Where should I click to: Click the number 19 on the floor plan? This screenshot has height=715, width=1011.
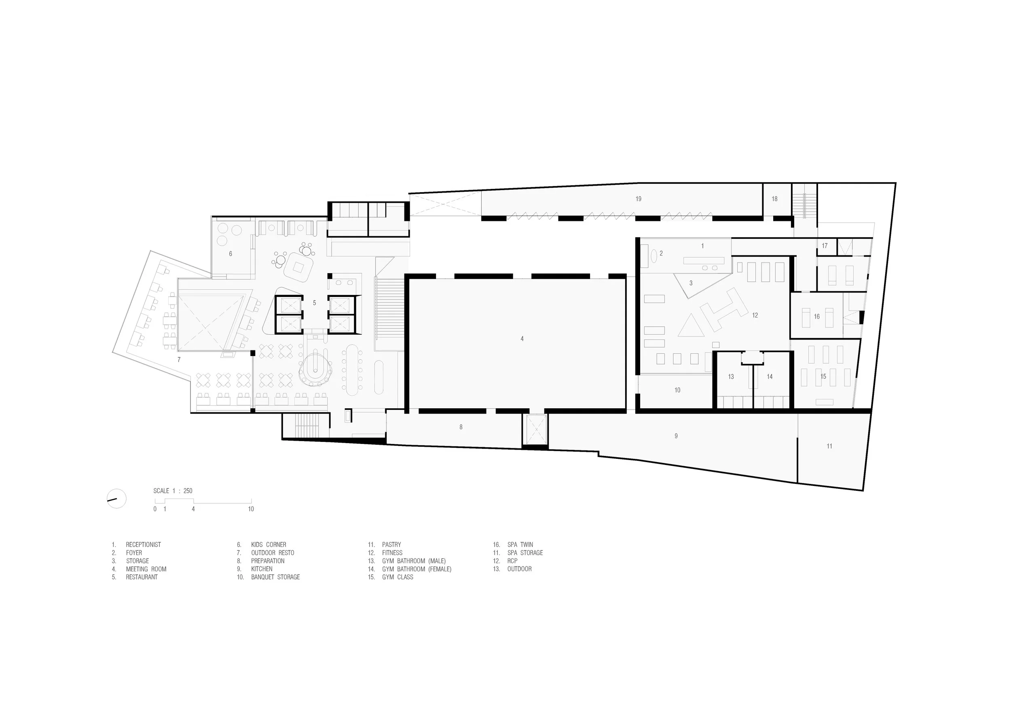coord(638,199)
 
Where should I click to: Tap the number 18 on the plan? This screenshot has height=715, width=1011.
coord(774,199)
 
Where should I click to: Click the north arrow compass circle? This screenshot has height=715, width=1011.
coord(117,499)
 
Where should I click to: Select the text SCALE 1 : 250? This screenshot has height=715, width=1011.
coord(173,491)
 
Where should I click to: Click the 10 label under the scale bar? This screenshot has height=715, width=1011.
coord(251,509)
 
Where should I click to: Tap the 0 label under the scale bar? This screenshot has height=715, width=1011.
coord(155,509)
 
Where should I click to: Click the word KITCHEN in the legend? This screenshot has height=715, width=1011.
coord(262,569)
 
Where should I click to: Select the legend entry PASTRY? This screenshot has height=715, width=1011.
coord(391,545)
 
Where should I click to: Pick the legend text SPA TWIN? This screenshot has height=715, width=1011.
coord(520,545)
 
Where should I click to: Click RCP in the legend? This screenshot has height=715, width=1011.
coord(512,561)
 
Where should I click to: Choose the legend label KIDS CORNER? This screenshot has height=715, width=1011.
coord(269,545)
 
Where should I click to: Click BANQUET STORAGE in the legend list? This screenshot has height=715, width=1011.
coord(275,577)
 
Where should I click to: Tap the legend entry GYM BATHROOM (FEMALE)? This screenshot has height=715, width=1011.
coord(417,569)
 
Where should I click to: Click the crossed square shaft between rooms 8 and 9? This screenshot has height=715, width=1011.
coord(535,430)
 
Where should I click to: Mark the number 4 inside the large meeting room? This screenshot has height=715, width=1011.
coord(522,339)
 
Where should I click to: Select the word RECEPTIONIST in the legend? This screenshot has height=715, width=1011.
coord(144,545)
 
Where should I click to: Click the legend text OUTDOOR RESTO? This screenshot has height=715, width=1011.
coord(273,552)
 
